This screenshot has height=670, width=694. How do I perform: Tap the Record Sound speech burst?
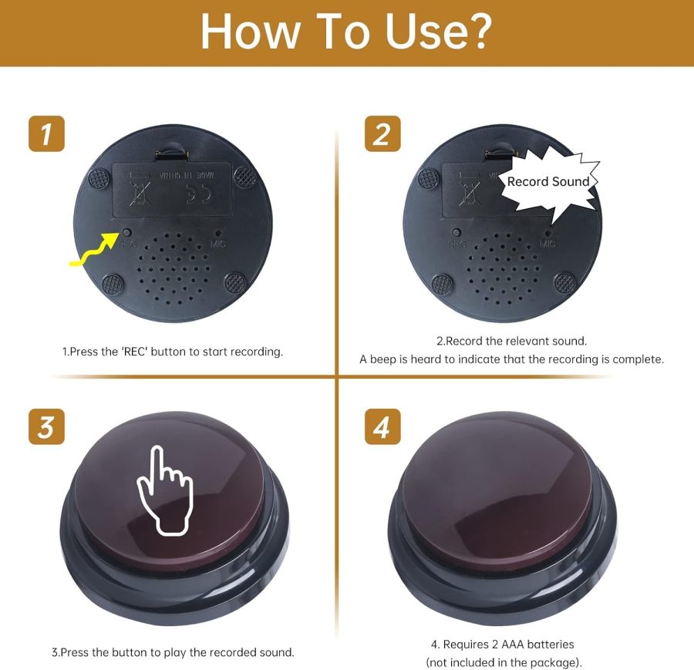coord(547,183)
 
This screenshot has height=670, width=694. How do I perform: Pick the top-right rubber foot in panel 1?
coord(244,176)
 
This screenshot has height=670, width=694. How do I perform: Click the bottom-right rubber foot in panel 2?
coord(567,283)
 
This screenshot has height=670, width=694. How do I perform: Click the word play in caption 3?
coord(185,652)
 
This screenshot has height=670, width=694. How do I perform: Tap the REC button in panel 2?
coord(456,233)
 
